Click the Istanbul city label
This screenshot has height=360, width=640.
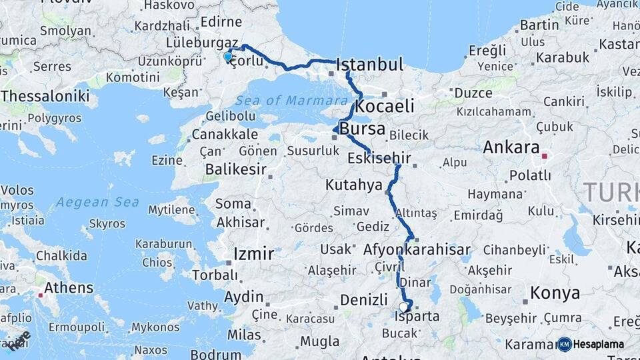[x=370, y=65]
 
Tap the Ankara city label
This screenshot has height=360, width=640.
[x=511, y=147]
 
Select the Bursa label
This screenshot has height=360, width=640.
[x=363, y=128]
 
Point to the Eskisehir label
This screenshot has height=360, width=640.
[x=379, y=159]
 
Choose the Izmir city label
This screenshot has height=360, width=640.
[x=253, y=254]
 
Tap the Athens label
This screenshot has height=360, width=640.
[x=69, y=288]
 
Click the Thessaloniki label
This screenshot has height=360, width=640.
[x=45, y=96]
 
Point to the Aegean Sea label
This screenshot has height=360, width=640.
[x=97, y=202]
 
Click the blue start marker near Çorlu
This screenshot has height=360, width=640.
[x=228, y=57]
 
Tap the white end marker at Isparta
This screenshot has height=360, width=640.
[x=403, y=307]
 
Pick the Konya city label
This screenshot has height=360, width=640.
[x=555, y=293]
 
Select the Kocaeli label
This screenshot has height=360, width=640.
[x=385, y=106]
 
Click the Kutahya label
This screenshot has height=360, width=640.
[x=353, y=185]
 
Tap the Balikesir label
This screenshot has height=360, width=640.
[x=235, y=169]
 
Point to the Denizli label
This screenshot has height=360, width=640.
[x=363, y=300]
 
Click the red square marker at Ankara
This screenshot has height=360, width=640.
[x=545, y=157]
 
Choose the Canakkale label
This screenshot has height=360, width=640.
[x=224, y=135]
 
